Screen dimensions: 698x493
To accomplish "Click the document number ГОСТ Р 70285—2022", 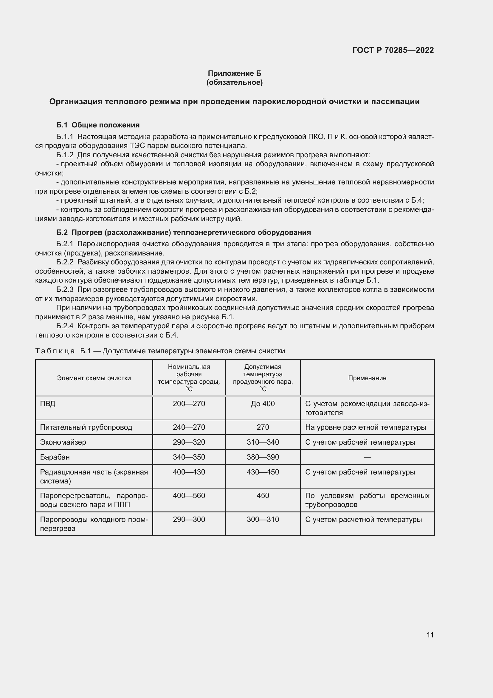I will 393,50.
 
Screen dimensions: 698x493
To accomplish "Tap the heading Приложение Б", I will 234,73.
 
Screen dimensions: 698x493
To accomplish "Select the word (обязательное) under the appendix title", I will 234,82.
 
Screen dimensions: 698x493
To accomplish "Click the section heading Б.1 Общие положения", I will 98,125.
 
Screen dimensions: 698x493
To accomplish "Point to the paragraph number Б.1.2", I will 65,155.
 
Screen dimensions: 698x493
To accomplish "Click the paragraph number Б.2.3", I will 65,289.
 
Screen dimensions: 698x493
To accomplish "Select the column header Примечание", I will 367,378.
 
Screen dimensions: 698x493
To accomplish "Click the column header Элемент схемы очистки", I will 94,378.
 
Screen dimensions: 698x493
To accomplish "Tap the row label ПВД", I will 48,404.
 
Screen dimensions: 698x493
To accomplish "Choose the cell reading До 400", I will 263,404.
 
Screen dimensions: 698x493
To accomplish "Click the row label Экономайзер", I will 63,442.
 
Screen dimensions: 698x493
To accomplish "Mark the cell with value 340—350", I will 189,457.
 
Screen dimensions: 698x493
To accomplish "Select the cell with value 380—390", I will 263,457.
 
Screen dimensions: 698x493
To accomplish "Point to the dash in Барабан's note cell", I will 367,457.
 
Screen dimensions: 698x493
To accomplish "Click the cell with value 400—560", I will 189,496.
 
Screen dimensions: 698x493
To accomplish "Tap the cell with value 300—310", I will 263,519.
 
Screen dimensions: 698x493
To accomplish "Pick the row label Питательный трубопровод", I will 86,427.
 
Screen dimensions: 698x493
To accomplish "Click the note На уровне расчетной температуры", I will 365,427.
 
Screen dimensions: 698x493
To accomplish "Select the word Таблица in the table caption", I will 55,351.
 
